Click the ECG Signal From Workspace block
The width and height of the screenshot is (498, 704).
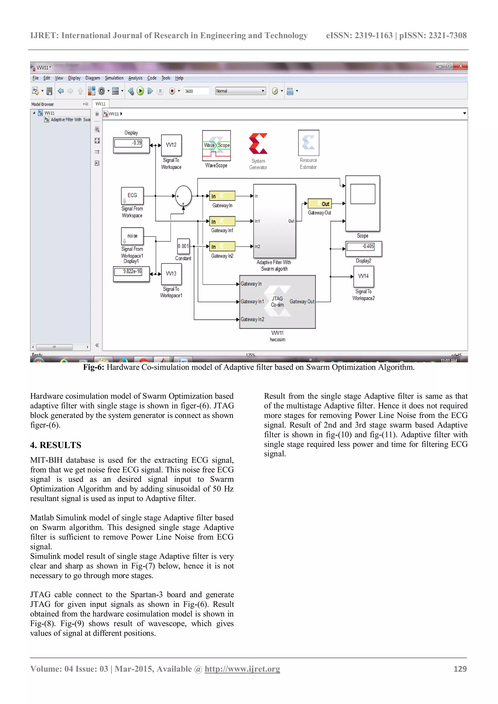pos(132,196)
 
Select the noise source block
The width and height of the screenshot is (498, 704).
pos(132,236)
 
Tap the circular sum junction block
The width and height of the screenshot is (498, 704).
pos(183,196)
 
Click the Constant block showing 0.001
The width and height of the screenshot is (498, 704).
pos(183,246)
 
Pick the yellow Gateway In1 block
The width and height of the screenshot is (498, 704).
pos(222,221)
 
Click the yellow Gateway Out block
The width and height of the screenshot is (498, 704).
pos(320,204)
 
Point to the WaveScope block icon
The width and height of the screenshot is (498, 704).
pos(216,146)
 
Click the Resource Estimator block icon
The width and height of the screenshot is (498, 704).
pos(309,143)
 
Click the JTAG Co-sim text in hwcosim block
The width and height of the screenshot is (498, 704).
pos(277,302)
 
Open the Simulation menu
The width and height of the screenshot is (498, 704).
pos(114,78)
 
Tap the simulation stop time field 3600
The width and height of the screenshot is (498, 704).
pos(196,91)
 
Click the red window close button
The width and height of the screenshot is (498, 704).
pos(460,66)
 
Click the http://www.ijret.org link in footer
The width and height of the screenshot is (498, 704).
pos(242,669)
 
